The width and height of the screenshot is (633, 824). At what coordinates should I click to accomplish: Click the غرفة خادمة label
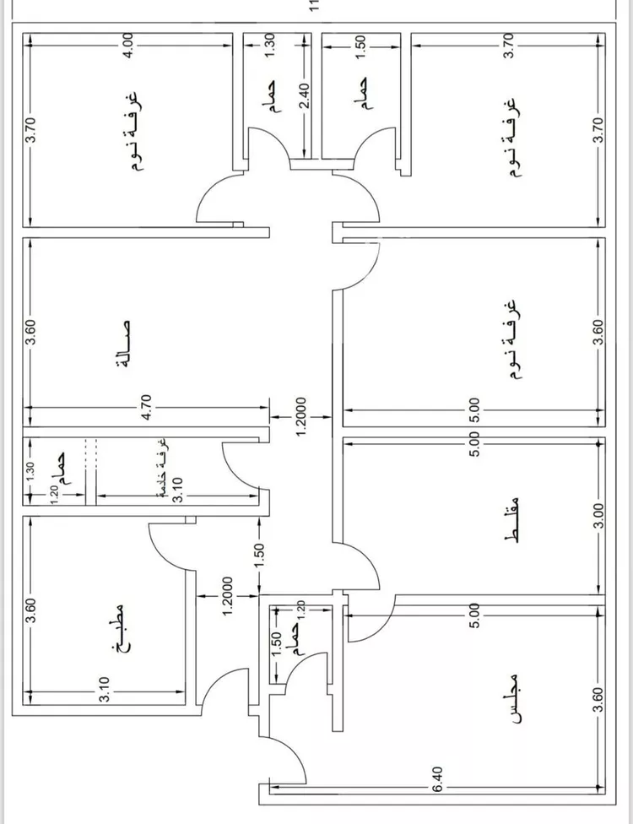tap(164, 468)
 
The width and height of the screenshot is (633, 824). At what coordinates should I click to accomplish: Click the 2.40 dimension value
tap(305, 95)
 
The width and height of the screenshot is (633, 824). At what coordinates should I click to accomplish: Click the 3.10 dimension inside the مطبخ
tap(105, 690)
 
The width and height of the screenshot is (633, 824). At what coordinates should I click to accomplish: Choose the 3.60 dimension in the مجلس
tap(599, 701)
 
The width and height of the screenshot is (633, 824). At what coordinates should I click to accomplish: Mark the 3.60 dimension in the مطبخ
tap(31, 610)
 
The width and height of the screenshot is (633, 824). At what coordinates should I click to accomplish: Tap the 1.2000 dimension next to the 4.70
tap(300, 416)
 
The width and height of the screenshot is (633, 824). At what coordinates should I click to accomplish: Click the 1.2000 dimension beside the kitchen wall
tap(227, 596)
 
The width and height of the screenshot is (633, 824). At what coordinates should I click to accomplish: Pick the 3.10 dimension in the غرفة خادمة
tap(177, 490)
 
